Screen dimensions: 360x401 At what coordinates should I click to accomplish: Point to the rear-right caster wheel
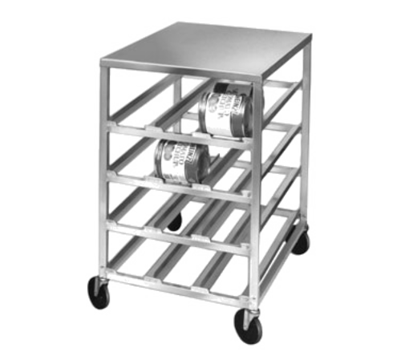[300, 241]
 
